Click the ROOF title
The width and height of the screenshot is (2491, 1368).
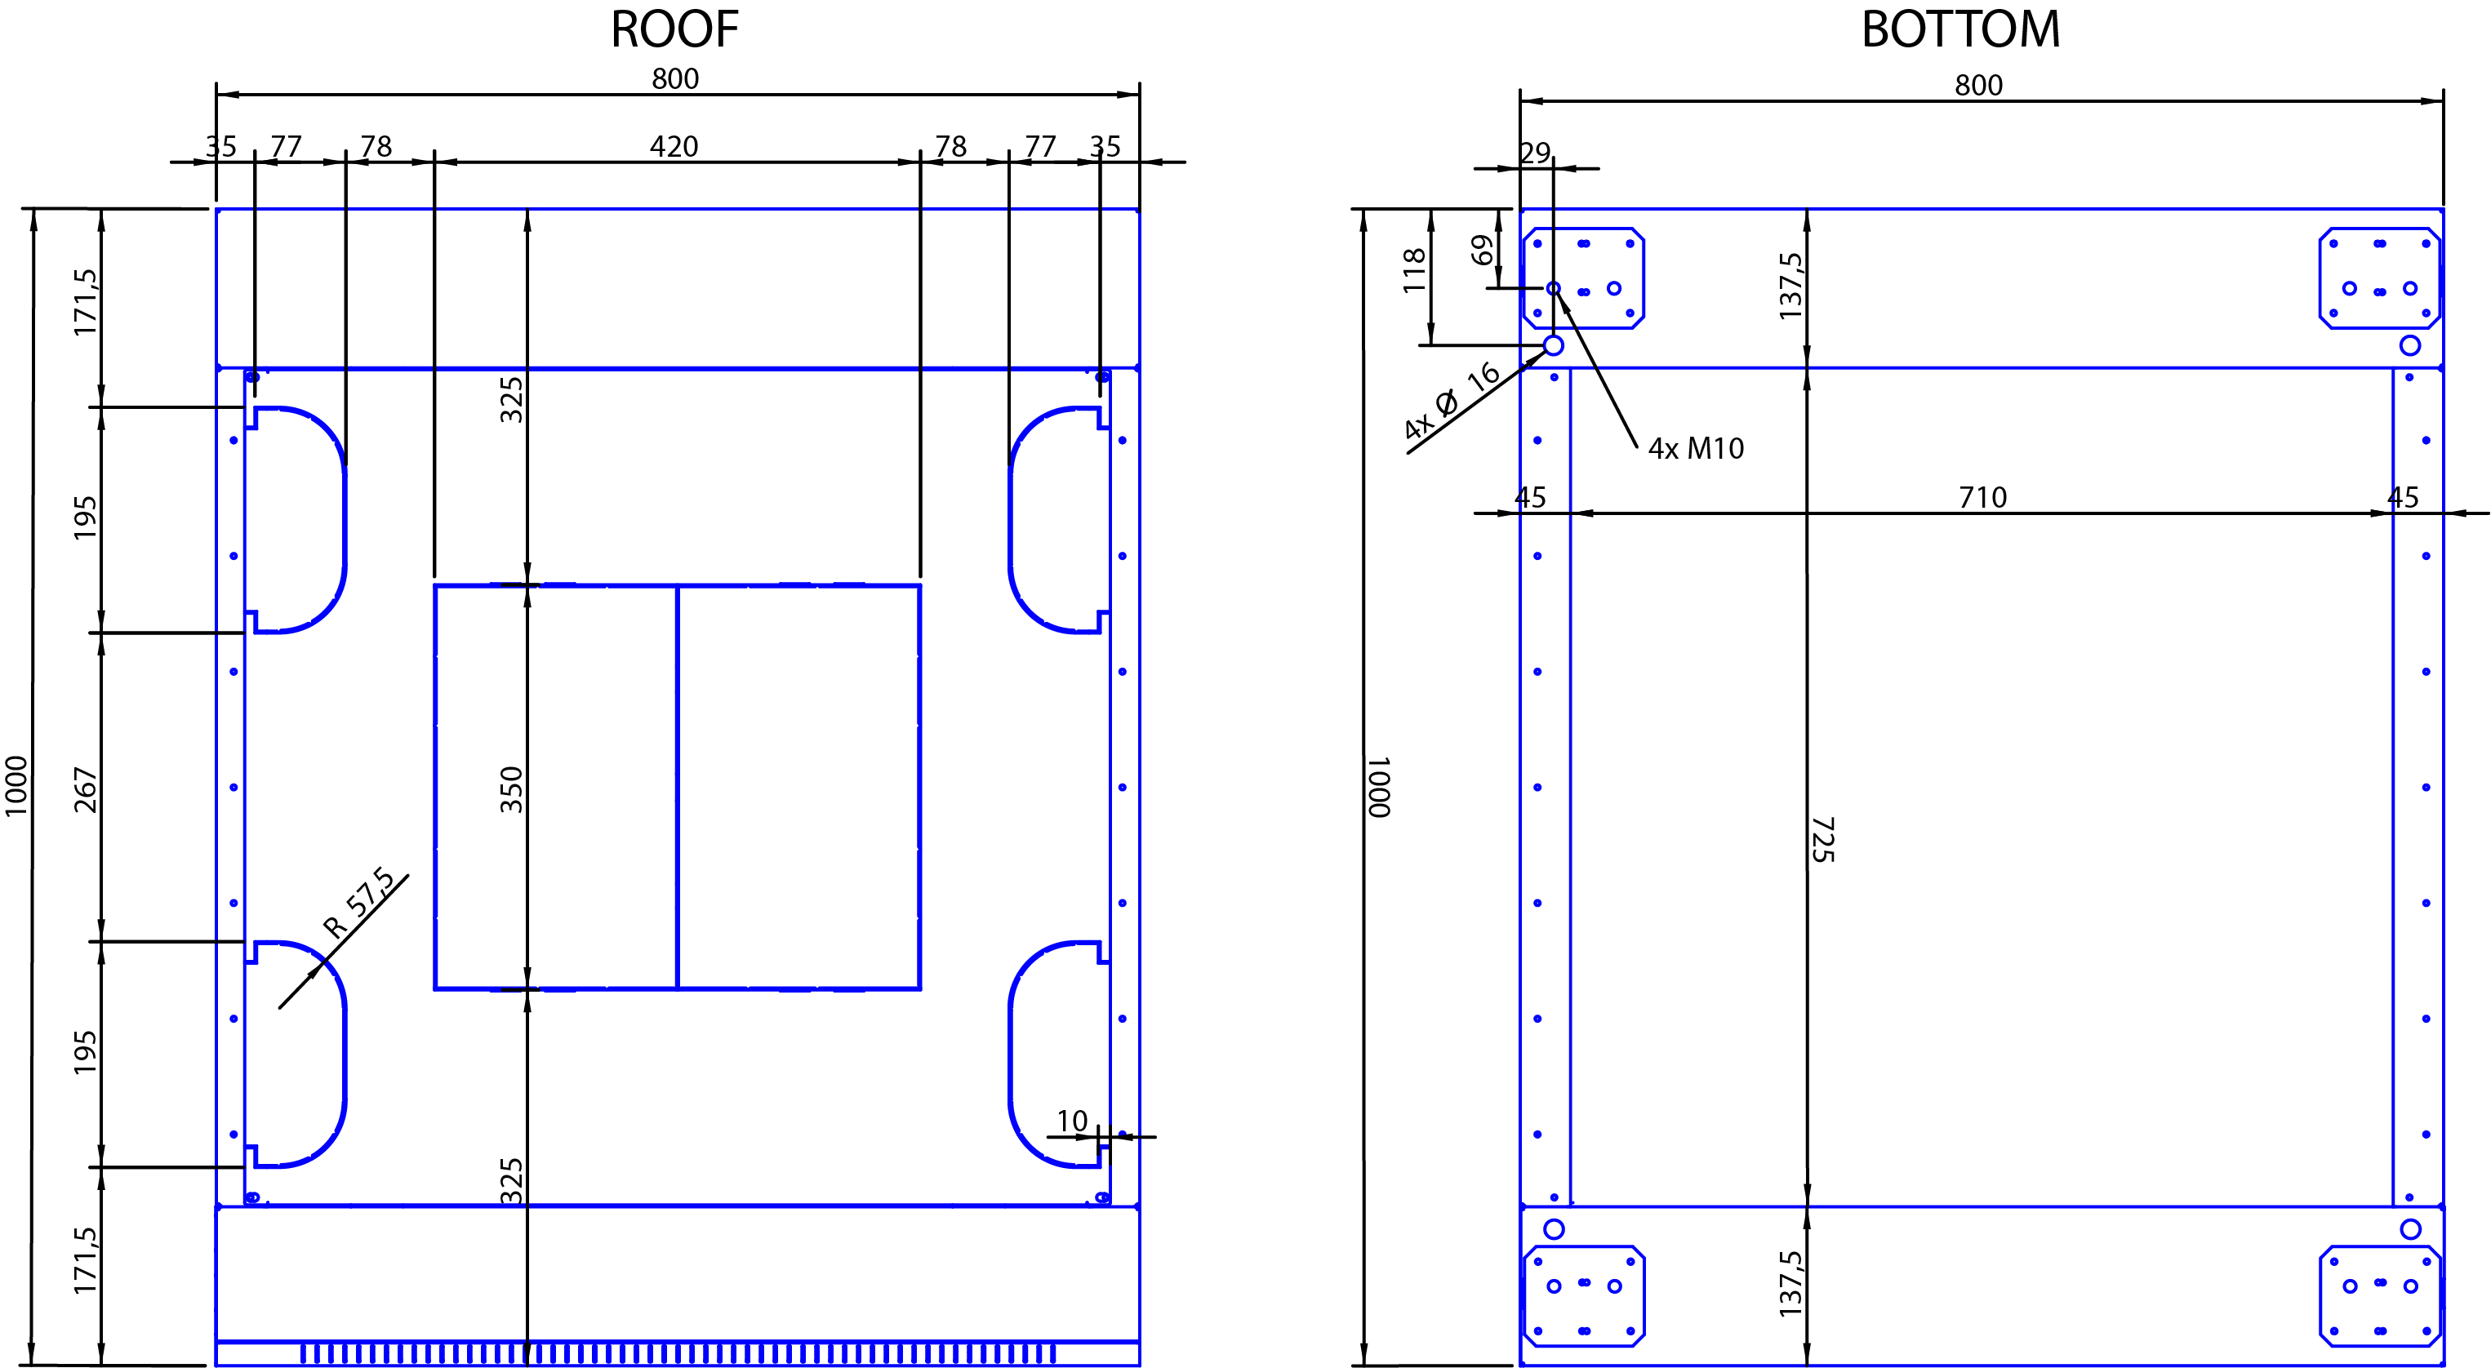674,29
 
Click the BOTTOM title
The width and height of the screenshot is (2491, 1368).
1960,29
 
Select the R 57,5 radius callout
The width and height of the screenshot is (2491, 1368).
358,903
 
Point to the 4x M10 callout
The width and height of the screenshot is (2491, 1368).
1696,449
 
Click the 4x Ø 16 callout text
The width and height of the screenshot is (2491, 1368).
1452,402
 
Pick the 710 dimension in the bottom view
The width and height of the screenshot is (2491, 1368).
1982,498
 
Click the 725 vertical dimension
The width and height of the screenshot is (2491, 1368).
1822,839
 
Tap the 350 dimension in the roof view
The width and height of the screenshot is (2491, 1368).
510,789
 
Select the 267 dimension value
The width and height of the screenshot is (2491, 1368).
85,790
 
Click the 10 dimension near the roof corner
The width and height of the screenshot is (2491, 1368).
1071,1121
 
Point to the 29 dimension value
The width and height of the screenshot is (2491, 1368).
1533,153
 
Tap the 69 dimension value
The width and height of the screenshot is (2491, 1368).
1481,251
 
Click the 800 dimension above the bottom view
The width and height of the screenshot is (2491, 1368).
1978,85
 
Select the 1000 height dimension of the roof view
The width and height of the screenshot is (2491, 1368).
16,786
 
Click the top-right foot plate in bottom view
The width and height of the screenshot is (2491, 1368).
2379,278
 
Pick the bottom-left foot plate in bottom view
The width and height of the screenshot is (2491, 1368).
1584,1296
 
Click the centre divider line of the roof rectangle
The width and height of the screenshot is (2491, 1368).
677,787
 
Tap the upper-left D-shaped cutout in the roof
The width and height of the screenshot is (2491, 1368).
345,520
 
